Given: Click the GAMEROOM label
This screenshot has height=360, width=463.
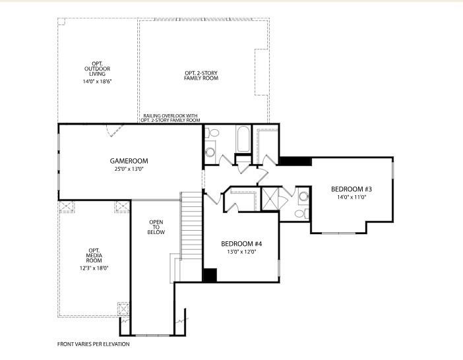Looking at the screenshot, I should (x=129, y=161).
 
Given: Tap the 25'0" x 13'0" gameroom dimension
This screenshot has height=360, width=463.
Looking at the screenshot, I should (x=129, y=169).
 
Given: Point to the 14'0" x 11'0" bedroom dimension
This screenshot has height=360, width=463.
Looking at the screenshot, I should (x=352, y=196).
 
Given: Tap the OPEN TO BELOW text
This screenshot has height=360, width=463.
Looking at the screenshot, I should (x=156, y=227).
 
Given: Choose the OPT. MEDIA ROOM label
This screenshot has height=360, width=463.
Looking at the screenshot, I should (x=94, y=255).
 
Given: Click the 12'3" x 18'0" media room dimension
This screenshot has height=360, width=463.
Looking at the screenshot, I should (x=94, y=268).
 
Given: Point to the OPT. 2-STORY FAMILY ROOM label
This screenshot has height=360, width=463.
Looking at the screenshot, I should (x=201, y=75).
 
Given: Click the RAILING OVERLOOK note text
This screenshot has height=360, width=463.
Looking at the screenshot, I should (x=171, y=118).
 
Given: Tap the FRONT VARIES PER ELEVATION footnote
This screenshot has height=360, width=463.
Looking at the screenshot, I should (x=93, y=344).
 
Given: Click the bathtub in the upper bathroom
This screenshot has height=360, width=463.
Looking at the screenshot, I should (x=241, y=140).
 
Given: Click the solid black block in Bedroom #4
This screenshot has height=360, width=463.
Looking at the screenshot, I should (x=210, y=276).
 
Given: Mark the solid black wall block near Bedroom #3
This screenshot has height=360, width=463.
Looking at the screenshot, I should (x=295, y=161).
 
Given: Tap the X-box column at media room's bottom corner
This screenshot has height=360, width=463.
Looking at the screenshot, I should (x=123, y=309).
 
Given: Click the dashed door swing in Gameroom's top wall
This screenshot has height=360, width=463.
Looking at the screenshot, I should (x=115, y=131).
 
